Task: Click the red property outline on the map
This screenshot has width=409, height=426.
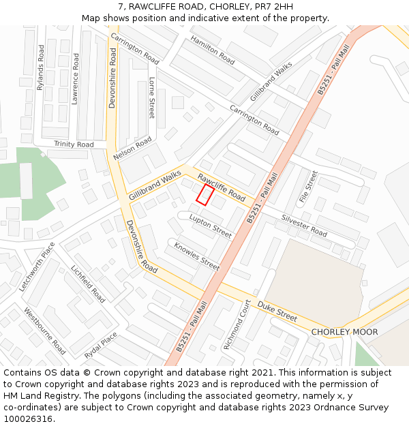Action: pos(205,194)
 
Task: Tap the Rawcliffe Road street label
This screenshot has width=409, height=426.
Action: pos(222,187)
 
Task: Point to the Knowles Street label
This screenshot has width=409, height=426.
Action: pos(196,256)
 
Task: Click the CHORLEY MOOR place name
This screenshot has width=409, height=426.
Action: pos(344,332)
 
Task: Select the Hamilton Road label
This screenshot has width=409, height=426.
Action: pos(213,50)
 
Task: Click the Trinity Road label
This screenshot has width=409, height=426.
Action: pos(74,144)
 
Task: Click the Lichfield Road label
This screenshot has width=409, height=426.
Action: pos(88,284)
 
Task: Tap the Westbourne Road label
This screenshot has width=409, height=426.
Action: pos(45,331)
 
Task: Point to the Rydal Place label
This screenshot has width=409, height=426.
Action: pos(101,346)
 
